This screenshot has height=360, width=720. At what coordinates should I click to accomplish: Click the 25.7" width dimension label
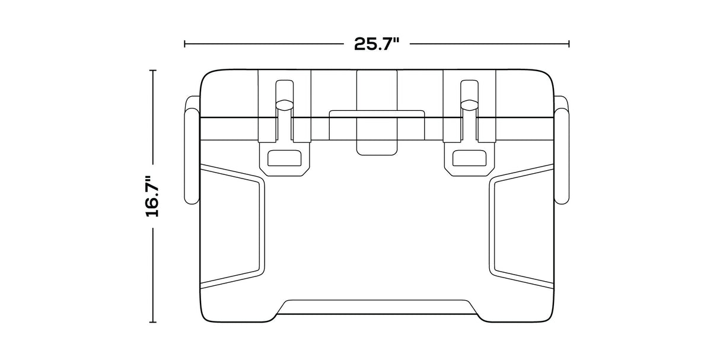click(377, 44)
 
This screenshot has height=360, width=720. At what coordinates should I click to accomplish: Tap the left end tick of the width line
click(185, 43)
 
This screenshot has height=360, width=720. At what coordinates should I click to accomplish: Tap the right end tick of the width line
click(569, 43)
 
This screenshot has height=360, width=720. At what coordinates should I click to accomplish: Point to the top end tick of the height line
click(154, 70)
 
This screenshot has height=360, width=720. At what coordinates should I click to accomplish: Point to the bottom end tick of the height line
click(154, 322)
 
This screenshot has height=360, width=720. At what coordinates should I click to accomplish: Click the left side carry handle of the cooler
click(192, 151)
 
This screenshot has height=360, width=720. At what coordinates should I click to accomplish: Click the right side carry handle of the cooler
click(562, 151)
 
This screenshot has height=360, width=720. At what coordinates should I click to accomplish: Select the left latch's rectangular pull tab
click(285, 158)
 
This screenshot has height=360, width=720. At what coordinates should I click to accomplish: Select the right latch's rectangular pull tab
click(470, 158)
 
